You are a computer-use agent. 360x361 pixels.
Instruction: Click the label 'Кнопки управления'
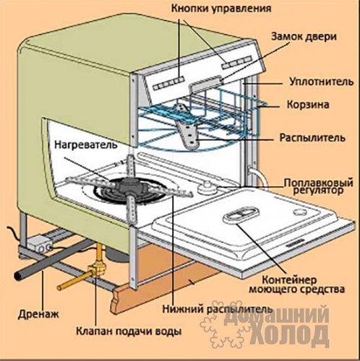click(x=221, y=9)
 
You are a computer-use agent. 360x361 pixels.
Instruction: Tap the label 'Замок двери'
click(x=304, y=37)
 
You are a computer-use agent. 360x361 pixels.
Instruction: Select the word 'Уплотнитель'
click(x=322, y=82)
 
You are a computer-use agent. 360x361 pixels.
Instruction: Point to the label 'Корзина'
click(x=308, y=105)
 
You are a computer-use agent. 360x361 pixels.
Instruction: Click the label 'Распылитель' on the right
click(x=312, y=138)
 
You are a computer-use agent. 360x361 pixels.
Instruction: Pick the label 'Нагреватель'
click(x=86, y=144)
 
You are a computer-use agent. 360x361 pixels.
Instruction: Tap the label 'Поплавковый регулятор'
click(x=318, y=186)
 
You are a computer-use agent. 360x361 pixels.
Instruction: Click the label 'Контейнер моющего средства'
click(x=296, y=284)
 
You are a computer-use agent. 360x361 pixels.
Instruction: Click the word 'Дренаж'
click(x=38, y=314)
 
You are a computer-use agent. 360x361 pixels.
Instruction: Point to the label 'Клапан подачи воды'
click(x=129, y=331)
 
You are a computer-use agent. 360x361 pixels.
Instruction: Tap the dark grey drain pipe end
click(x=18, y=275)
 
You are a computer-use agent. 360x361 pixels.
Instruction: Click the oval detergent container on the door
click(x=241, y=214)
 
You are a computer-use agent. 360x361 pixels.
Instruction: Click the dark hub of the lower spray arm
click(x=129, y=186)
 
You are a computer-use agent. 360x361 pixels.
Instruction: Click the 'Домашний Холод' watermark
click(x=265, y=325)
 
